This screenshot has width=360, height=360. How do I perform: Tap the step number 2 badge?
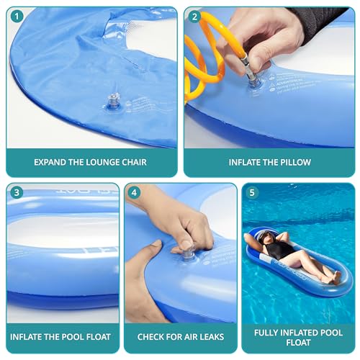coord(194,17)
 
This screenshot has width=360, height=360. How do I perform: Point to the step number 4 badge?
coord(135,194)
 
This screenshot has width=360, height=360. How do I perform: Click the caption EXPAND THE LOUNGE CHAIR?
coord(90,162)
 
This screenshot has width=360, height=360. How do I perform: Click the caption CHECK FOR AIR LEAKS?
coord(180,336)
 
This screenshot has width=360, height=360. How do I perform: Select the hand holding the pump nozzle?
coord(277,36)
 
